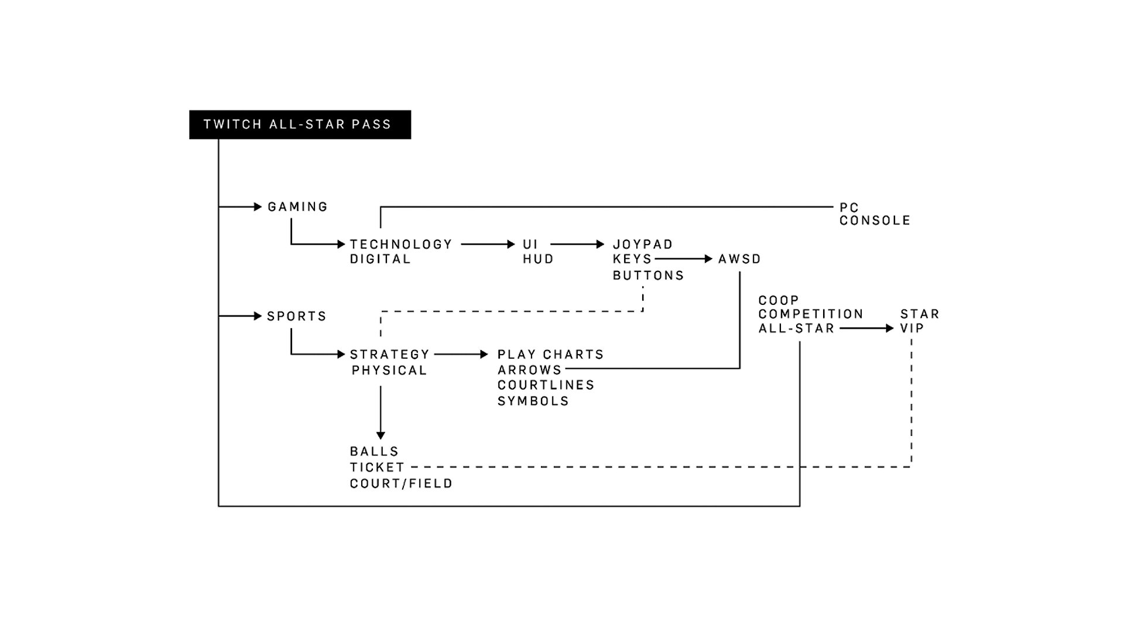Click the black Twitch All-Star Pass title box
coord(300,125)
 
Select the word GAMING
coord(297,207)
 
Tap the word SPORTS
coord(296,316)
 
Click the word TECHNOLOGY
coord(401,244)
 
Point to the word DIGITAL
coord(381,259)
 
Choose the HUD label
coord(538,259)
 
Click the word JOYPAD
coord(643,244)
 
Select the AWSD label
coord(739,259)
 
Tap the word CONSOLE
coord(875,221)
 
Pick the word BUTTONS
coord(649,275)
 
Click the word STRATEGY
coord(390,354)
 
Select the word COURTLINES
coord(546,385)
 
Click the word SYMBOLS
coord(533,401)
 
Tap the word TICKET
coord(378,467)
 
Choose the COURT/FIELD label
coord(402,483)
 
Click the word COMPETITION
coord(811,314)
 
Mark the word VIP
coord(912,328)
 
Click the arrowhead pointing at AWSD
coord(708,259)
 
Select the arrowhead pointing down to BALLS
coord(381,435)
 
